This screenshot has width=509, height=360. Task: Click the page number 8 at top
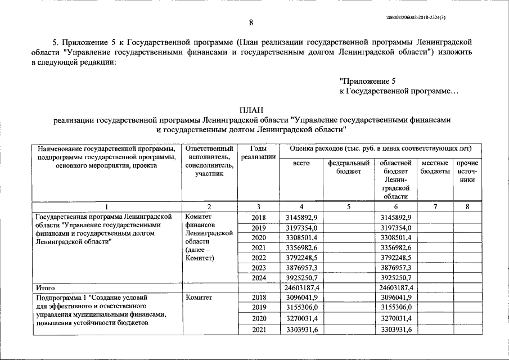coord(251,22)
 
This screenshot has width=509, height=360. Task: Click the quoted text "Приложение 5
coord(372,81)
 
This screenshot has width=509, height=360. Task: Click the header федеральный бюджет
coord(348,167)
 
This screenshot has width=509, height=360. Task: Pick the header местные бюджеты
coord(435,167)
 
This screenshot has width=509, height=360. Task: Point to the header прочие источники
coord(467,171)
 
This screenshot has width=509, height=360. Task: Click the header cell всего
coord(301,163)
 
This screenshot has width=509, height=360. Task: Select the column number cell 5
coord(348,207)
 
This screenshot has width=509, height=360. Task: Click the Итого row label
coord(46,287)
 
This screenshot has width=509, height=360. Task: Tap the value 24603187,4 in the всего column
coord(301,287)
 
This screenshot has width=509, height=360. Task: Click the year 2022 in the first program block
coord(259,258)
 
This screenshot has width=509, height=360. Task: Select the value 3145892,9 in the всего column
coord(301,217)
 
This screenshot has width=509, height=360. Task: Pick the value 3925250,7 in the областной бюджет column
coord(396,278)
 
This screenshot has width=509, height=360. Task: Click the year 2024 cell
coord(259,278)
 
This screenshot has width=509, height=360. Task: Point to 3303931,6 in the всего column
coord(301,330)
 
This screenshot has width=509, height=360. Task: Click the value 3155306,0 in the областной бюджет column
coord(396,307)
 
